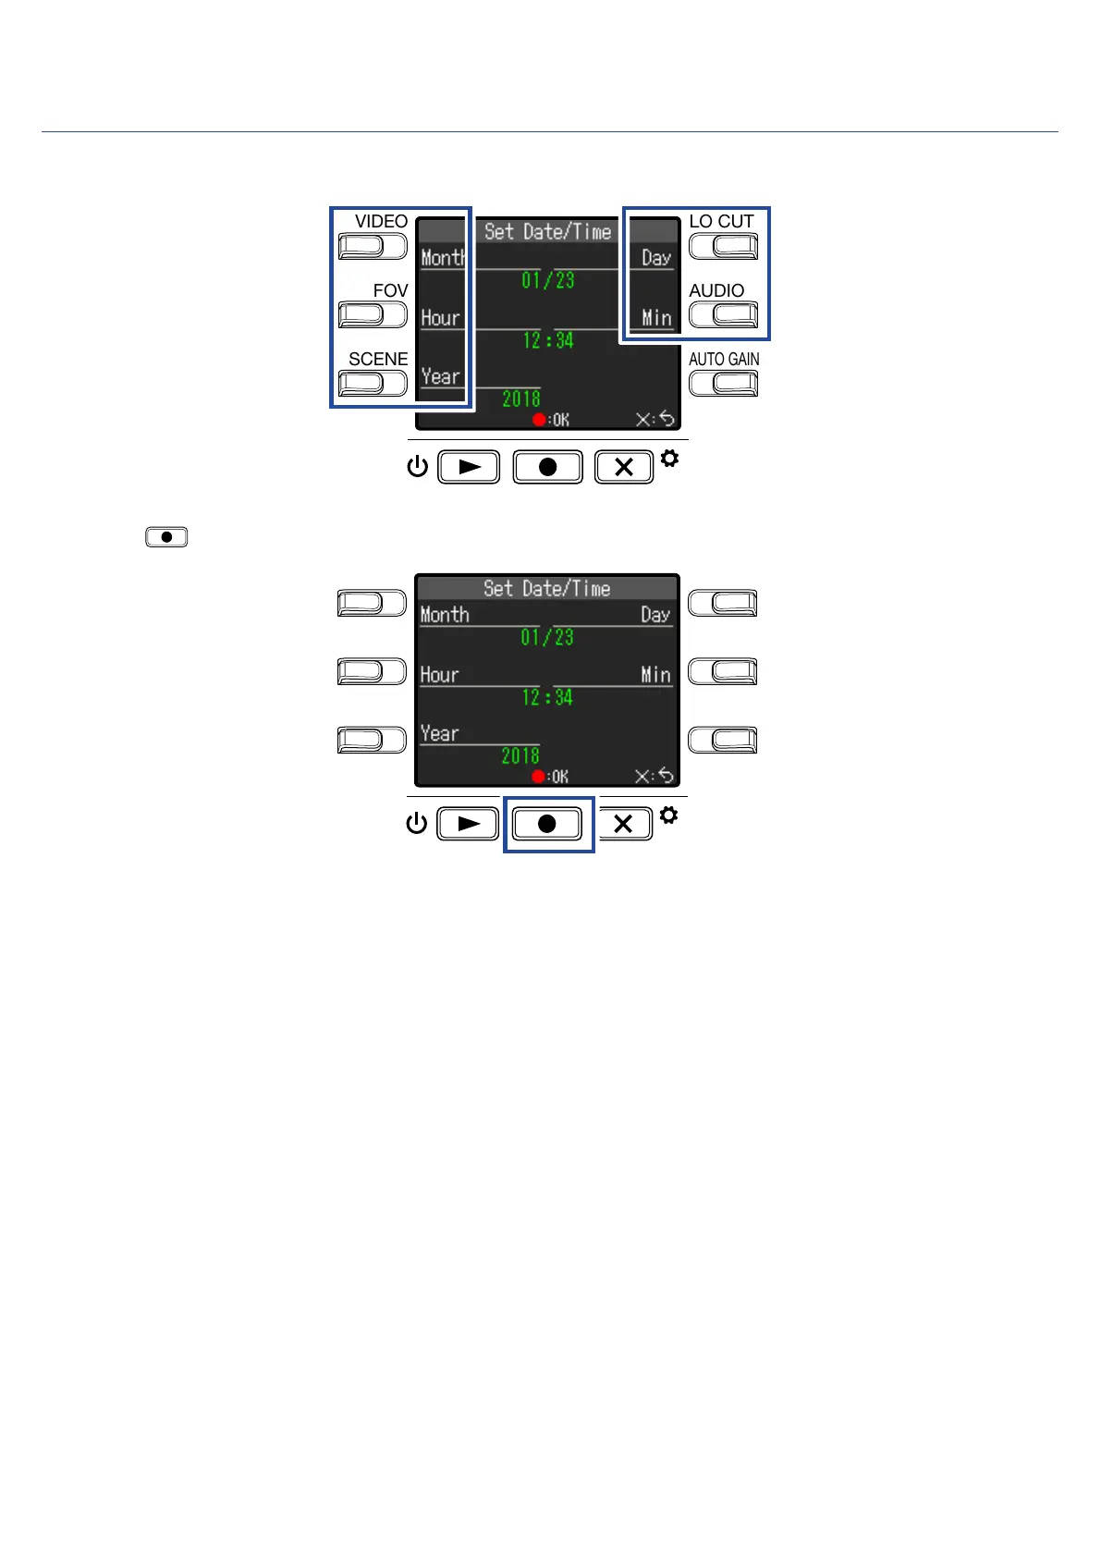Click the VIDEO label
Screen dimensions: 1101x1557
381,221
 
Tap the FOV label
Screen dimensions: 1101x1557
390,290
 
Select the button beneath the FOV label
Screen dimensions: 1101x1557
373,315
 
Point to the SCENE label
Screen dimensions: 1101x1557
378,359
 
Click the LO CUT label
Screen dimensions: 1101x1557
721,221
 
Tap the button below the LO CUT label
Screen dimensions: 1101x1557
723,246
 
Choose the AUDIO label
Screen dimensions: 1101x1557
716,290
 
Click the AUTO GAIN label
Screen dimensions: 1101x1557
724,359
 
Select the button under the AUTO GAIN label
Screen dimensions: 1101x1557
723,383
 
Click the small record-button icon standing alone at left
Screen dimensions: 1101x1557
166,537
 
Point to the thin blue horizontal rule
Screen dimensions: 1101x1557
549,131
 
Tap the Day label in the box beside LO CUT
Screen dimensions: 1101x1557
656,258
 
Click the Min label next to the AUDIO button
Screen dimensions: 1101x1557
657,318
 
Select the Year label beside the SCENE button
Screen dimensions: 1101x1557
440,376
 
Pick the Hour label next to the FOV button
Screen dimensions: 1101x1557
440,318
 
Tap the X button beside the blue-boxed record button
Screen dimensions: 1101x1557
623,824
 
